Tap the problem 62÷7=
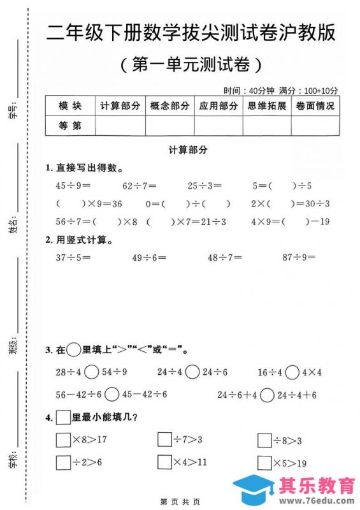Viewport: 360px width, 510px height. [x=139, y=186]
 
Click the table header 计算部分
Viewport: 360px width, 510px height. [x=120, y=106]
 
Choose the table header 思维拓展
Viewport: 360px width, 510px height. [x=267, y=106]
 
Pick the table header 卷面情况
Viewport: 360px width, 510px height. [x=315, y=106]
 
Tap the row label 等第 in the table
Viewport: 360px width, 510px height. [x=70, y=126]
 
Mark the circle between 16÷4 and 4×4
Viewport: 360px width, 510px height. [x=292, y=372]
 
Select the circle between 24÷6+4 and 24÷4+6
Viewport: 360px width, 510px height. [x=268, y=395]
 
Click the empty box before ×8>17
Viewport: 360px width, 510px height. [x=63, y=440]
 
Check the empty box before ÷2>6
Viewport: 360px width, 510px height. [x=63, y=462]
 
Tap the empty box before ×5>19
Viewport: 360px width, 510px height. [x=264, y=463]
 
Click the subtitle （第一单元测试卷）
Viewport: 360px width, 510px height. [x=191, y=64]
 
